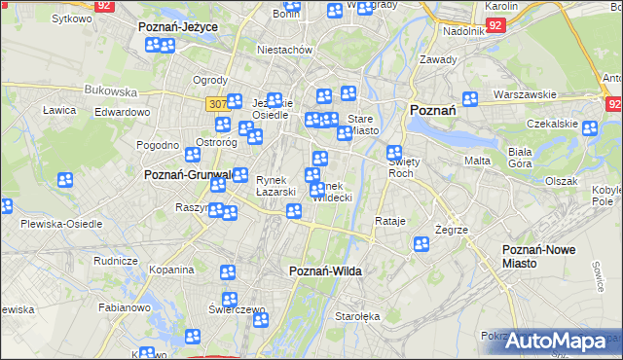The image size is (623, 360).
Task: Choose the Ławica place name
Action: (x=59, y=110)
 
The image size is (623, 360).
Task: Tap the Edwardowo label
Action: (x=122, y=112)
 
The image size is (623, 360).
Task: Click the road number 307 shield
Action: (x=218, y=103)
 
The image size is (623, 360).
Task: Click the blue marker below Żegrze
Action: (x=421, y=244)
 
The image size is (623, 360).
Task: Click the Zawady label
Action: (x=439, y=59)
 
